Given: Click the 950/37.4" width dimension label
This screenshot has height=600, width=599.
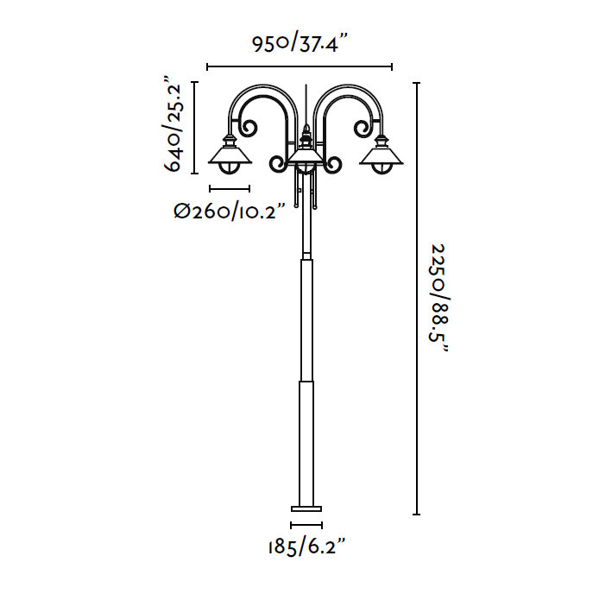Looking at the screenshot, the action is pos(299,43).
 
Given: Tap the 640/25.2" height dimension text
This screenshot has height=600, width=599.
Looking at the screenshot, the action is pos(173,123).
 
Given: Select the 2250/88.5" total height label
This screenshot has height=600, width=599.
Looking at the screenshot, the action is pos(438,298).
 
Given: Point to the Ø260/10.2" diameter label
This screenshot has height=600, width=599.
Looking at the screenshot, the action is pos(230,211).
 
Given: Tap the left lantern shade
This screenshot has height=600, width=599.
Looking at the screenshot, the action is pos(230,156).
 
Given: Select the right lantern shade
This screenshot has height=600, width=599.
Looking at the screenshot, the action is pos(381,156).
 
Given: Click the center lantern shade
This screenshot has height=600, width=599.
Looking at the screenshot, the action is pos(306,156).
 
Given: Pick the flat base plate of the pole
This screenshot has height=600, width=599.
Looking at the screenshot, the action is pos(306,508).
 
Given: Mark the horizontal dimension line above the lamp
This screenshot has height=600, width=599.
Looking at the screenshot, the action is pos(299,67).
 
